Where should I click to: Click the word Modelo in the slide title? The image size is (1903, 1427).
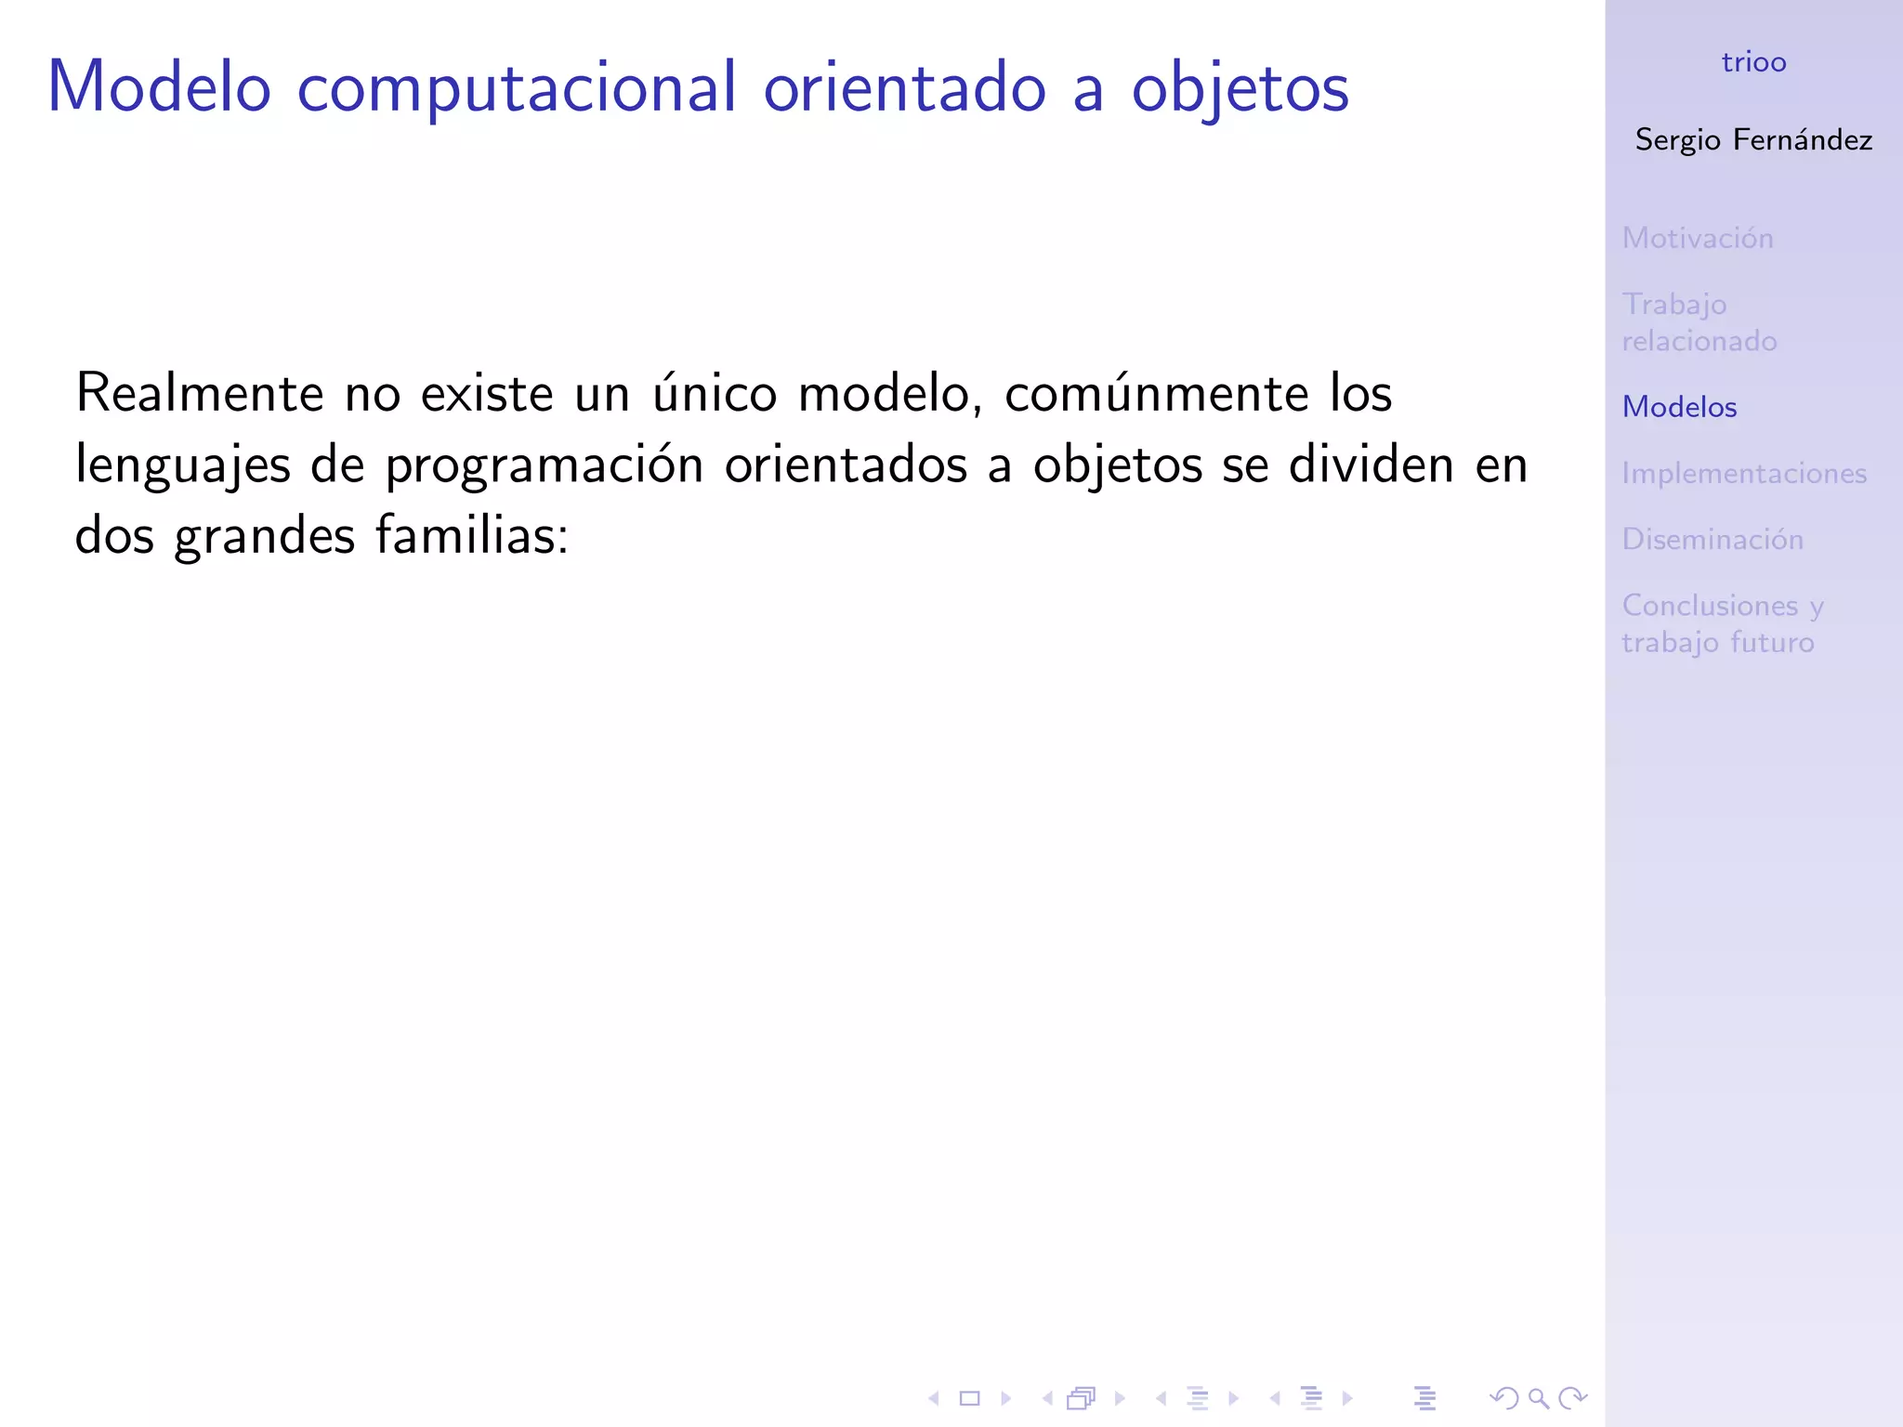tap(159, 87)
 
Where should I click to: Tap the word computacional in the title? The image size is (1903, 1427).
tap(517, 89)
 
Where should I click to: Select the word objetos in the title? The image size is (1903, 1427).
tap(1240, 89)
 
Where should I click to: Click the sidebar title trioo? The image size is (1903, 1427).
tap(1753, 62)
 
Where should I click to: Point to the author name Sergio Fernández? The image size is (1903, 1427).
tap(1753, 139)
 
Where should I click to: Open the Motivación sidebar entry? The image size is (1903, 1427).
tap(1698, 238)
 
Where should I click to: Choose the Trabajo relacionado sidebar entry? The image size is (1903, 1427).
tap(1699, 322)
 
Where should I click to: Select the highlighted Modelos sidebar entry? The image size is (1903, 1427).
tap(1679, 407)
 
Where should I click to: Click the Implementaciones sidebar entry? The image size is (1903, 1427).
tap(1743, 473)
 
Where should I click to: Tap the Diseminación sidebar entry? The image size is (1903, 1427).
tap(1712, 539)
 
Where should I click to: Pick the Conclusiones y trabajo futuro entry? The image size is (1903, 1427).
tap(1722, 623)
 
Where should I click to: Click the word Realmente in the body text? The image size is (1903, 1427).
tap(199, 393)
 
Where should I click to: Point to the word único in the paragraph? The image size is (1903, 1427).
tap(714, 393)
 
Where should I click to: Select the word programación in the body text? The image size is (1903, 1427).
tap(545, 465)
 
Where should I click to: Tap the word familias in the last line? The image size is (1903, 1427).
tap(471, 536)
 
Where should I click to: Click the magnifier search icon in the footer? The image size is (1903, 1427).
tap(1538, 1397)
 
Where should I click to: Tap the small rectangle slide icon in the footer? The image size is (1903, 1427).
tap(969, 1397)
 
